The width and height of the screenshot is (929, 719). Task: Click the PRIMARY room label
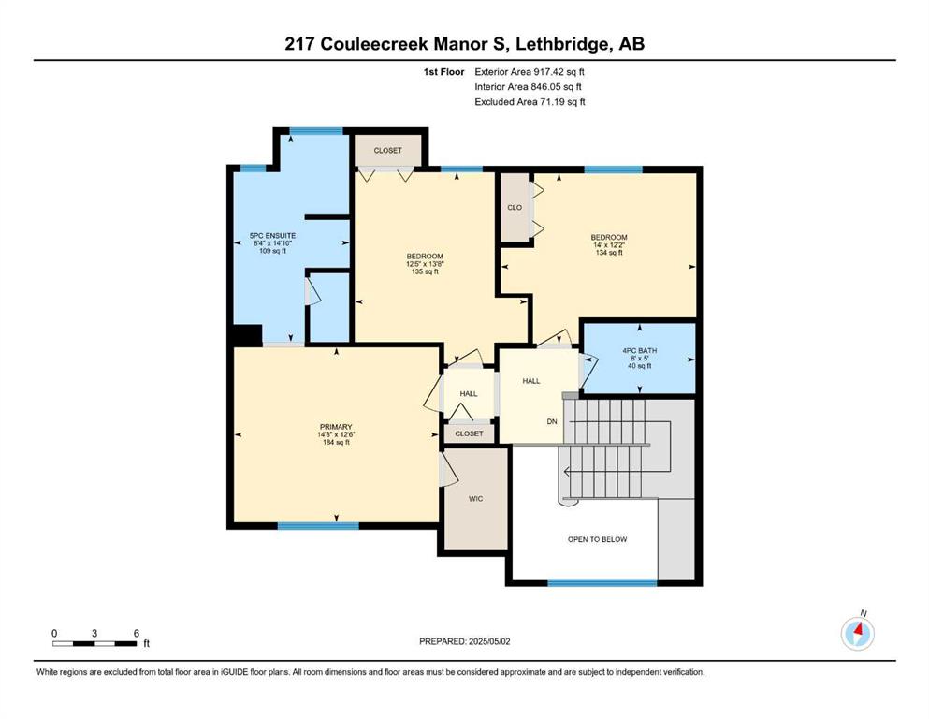(x=336, y=427)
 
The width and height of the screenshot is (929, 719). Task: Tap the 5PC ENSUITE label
(x=272, y=235)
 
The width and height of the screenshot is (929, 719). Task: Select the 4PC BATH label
(x=639, y=350)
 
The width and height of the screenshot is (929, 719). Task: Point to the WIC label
(x=476, y=499)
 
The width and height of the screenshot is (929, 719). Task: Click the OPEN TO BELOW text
(x=597, y=539)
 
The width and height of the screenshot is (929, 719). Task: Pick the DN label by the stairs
(x=552, y=421)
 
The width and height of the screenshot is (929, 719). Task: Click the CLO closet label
(x=515, y=208)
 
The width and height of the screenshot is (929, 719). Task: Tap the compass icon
(x=857, y=633)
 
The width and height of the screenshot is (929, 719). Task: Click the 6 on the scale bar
(x=137, y=633)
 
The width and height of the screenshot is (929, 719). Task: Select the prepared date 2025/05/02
(x=489, y=641)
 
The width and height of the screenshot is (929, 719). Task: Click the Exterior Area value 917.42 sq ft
(x=559, y=72)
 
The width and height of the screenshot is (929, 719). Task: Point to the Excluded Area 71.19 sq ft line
(x=530, y=102)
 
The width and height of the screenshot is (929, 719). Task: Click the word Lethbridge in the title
(x=565, y=44)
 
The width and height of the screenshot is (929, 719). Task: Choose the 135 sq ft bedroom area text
(x=425, y=272)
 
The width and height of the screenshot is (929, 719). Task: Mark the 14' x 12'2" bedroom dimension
(x=609, y=244)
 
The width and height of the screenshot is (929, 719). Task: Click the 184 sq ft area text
(x=336, y=442)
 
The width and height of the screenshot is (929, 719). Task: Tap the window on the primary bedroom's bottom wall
(x=318, y=526)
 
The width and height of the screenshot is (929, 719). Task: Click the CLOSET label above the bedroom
(x=388, y=151)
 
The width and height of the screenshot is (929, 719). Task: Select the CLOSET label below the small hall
(x=470, y=433)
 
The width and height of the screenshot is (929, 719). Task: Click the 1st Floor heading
(x=443, y=72)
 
